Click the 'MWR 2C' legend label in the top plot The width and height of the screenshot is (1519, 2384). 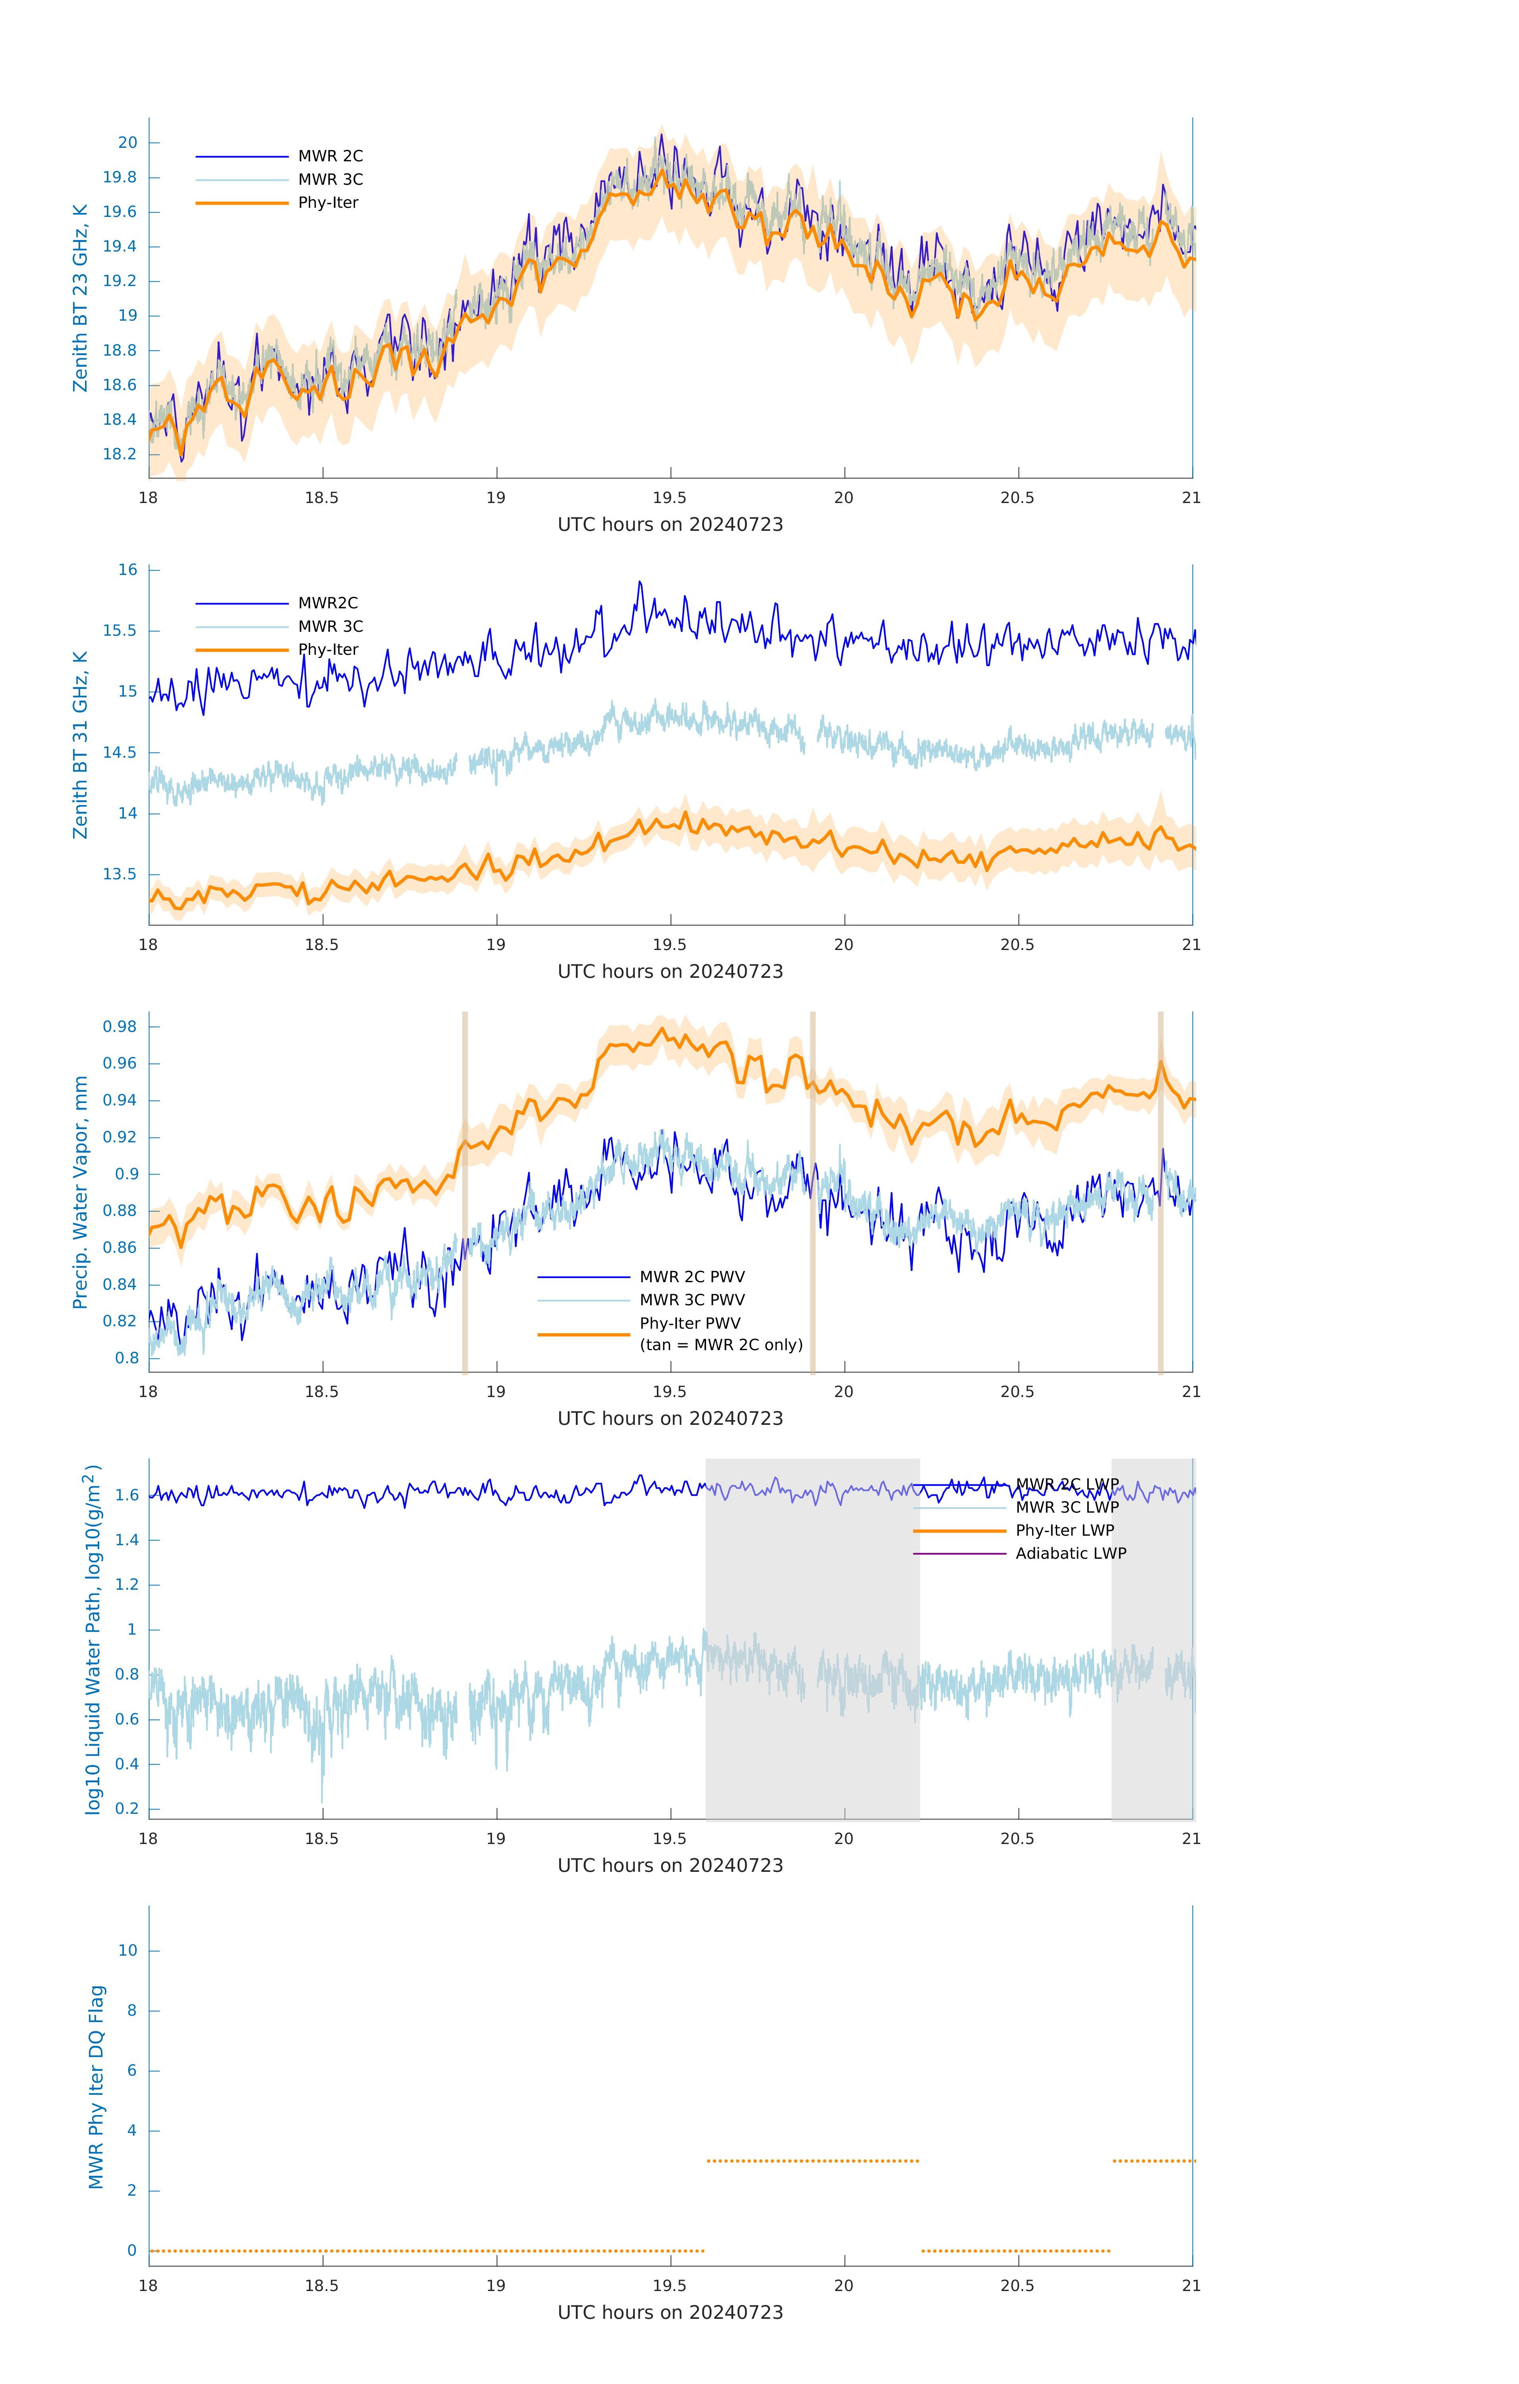pos(330,157)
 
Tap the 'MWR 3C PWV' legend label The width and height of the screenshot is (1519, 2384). pos(692,1300)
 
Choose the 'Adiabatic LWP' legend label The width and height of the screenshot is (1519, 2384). pos(1071,1553)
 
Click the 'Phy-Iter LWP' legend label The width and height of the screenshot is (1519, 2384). pos(1065,1531)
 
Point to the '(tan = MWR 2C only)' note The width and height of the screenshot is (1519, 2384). pos(720,1345)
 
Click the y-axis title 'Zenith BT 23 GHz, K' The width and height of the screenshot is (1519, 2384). pos(80,298)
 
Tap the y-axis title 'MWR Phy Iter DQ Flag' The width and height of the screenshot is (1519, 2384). pos(96,2086)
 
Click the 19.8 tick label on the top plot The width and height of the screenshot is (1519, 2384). pos(120,177)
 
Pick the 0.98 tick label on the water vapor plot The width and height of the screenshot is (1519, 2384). pos(120,1027)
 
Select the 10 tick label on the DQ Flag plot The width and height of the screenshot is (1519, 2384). pos(127,1951)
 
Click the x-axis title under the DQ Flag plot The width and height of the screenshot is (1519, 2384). pos(670,2313)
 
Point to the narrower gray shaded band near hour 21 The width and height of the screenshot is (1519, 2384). pos(1152,1639)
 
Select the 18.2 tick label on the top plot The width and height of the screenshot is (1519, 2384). pos(120,455)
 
